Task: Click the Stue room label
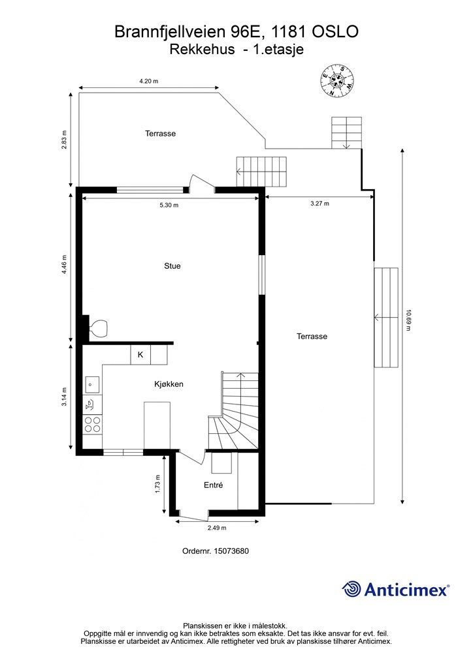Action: tap(172, 266)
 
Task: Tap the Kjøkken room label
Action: tap(169, 384)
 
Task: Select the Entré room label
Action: tap(213, 485)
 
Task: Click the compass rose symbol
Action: tap(337, 80)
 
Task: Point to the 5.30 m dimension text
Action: tap(169, 205)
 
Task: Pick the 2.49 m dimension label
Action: tap(217, 528)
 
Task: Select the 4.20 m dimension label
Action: tap(148, 81)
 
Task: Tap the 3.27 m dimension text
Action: tap(319, 204)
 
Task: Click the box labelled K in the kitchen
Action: tap(140, 354)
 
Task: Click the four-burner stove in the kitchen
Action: tap(93, 424)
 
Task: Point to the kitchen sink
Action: tap(92, 385)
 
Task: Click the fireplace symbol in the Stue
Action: tap(98, 329)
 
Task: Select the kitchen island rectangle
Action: tap(157, 425)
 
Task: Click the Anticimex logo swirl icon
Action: tap(351, 589)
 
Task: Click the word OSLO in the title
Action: tap(335, 32)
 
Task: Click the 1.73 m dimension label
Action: tap(158, 484)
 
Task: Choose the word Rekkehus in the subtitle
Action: tap(202, 50)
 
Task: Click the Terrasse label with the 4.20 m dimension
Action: tap(160, 133)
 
